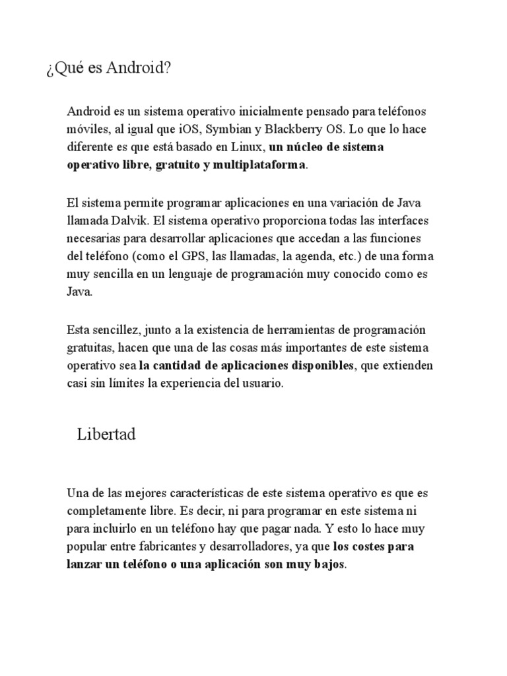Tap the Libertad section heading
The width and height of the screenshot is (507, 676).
coord(106,435)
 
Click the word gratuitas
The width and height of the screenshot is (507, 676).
coord(90,347)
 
